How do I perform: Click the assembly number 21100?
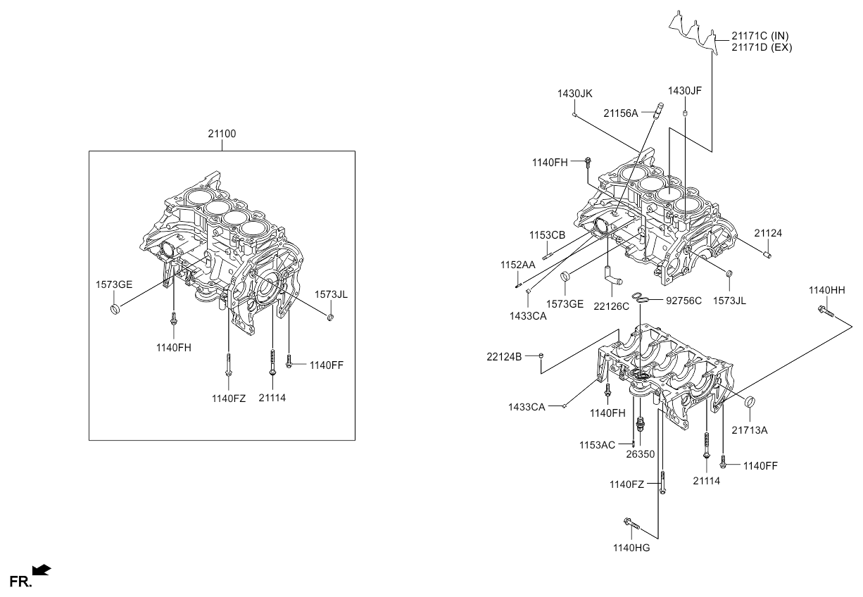click(222, 134)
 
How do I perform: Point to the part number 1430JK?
click(575, 93)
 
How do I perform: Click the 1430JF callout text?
click(685, 91)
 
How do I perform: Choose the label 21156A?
click(620, 113)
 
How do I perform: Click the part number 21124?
click(768, 233)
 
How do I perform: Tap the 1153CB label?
click(548, 235)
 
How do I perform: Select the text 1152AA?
click(518, 265)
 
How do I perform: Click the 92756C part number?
click(684, 301)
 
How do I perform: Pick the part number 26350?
click(640, 454)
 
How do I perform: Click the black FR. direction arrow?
click(42, 568)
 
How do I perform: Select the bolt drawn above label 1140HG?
click(630, 523)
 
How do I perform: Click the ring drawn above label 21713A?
click(750, 402)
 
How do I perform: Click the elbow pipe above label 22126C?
click(612, 277)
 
